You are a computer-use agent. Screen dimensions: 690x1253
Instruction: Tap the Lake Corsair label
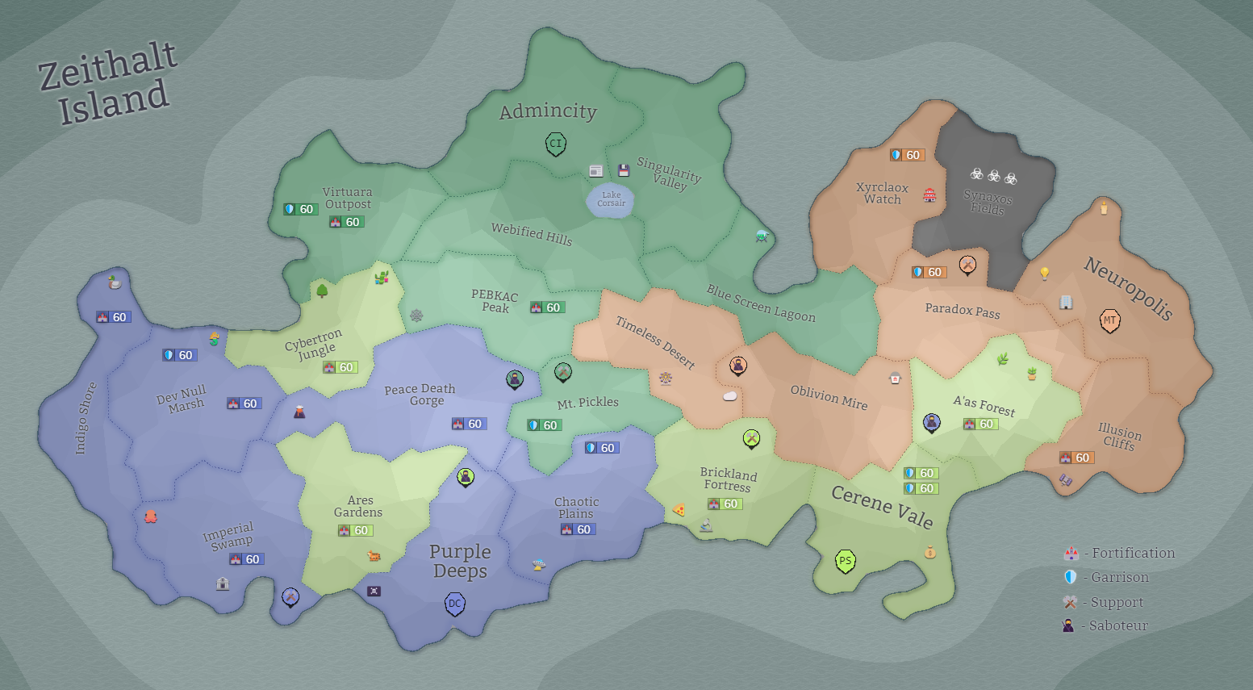(x=612, y=199)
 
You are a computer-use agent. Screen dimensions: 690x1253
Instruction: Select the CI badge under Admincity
(x=555, y=144)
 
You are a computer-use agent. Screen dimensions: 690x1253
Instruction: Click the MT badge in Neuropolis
(x=1110, y=320)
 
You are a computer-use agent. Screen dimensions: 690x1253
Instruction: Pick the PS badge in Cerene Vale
(x=845, y=561)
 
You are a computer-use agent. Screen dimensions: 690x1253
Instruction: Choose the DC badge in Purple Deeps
(x=455, y=604)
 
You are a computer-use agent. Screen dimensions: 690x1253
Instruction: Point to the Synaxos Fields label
(x=988, y=202)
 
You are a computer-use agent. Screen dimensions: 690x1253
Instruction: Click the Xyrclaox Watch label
(x=882, y=194)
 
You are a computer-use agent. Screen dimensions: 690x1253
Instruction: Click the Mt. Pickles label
(x=587, y=402)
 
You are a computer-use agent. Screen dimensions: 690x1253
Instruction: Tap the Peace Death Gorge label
(x=420, y=395)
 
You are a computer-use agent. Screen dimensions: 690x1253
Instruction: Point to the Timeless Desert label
(x=655, y=342)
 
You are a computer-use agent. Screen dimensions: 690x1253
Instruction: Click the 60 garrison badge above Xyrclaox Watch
(x=906, y=155)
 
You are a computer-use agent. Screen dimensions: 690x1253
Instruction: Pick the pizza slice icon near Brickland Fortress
(x=679, y=510)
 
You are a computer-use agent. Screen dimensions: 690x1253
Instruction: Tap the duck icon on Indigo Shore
(x=115, y=282)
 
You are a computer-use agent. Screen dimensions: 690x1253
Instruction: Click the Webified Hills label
(x=532, y=235)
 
